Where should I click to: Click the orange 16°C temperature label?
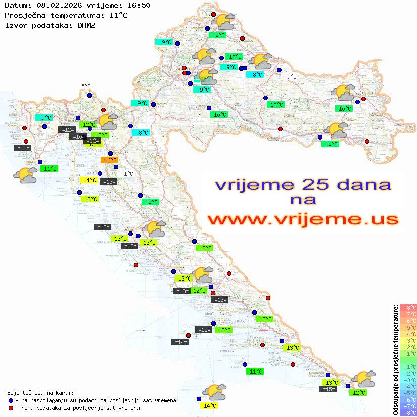[x=110, y=160]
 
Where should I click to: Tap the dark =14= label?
[x=180, y=342]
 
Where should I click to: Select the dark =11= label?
[x=23, y=148]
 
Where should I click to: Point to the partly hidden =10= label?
[x=77, y=137]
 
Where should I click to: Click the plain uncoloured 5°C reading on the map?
[x=86, y=87]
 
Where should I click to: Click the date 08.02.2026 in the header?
[x=55, y=6]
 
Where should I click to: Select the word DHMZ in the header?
[x=86, y=25]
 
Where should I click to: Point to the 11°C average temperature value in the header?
[x=118, y=15]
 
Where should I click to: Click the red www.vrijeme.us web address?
[x=302, y=220]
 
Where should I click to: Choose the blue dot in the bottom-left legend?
[x=11, y=400]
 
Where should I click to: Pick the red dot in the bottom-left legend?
[x=11, y=408]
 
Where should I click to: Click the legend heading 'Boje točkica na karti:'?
[x=40, y=393]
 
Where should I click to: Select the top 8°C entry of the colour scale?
[x=408, y=308]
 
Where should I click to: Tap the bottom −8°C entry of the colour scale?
[x=408, y=413]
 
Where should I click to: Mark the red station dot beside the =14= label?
[x=189, y=335]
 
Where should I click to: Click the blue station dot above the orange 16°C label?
[x=110, y=153]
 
